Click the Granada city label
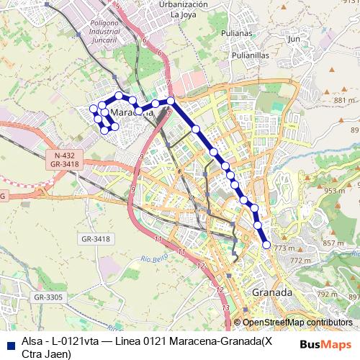tap(272, 293)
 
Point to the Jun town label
tap(293, 40)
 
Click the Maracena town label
tap(134, 113)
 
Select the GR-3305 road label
tap(48, 297)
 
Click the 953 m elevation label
tap(334, 191)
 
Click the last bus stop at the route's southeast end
tap(266, 245)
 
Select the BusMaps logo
tap(325, 343)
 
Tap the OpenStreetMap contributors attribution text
tap(297, 323)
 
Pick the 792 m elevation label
tap(328, 294)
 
